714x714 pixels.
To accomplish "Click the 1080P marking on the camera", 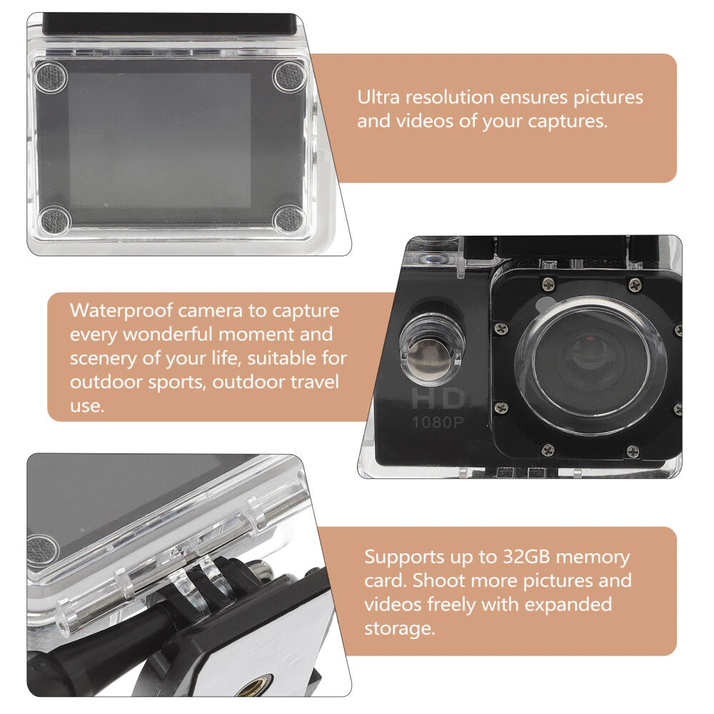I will (x=438, y=422).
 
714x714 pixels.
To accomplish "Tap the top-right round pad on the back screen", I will (x=288, y=76).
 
